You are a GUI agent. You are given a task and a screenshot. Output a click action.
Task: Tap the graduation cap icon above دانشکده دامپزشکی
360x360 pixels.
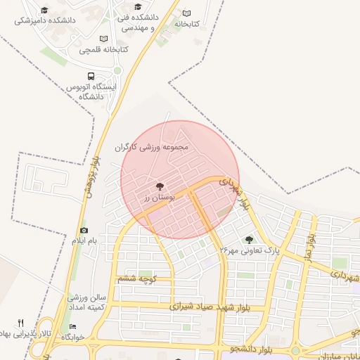pos(45,10)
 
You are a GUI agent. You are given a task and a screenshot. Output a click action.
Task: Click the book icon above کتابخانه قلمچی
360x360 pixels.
pos(104,39)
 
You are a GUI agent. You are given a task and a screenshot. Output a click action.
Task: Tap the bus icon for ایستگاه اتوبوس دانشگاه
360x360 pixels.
pos(91,76)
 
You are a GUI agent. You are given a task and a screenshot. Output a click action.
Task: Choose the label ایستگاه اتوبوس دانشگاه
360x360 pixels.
pos(89,91)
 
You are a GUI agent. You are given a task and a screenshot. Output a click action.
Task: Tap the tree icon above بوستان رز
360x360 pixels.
pos(160,186)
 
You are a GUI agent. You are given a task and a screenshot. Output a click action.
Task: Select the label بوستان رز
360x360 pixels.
pos(159,198)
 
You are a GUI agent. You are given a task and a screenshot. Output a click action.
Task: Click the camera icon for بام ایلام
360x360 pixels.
pos(84,230)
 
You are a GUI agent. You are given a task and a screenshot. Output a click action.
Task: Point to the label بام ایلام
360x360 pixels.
pos(84,241)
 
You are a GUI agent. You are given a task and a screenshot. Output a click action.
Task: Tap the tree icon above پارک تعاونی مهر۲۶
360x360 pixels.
pos(249,239)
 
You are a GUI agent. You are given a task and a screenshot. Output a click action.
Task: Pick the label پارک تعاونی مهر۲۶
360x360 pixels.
pos(250,250)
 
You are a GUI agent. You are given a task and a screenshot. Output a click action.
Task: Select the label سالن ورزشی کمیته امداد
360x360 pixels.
pos(86,302)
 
